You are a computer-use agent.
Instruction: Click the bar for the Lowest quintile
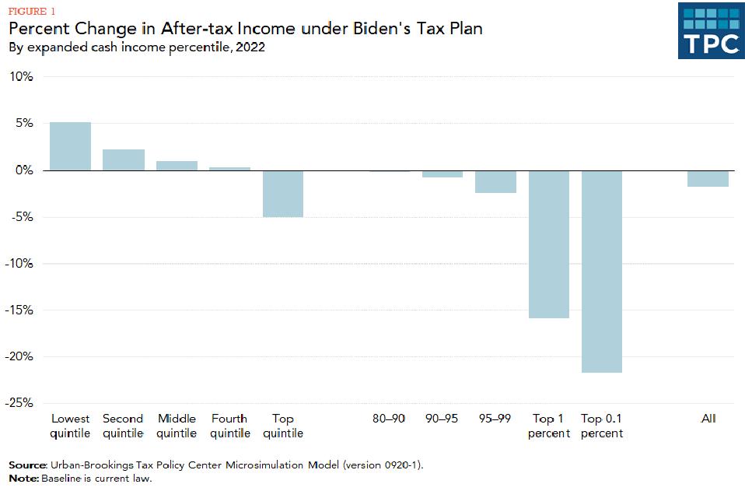70,146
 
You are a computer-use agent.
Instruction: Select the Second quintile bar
124,160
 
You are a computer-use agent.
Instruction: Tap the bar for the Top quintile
283,193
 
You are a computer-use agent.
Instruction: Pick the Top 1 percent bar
549,244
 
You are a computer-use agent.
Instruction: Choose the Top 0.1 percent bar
602,271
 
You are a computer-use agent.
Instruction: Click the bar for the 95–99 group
495,181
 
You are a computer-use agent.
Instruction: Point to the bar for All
708,178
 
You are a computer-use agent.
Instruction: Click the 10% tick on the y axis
21,77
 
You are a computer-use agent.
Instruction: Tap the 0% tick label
24,170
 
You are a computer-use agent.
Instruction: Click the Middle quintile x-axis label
177,426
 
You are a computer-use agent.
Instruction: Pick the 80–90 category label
389,419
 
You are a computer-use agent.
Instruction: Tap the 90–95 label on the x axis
442,419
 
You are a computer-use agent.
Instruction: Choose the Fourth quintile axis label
229,426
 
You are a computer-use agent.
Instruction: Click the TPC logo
711,30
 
